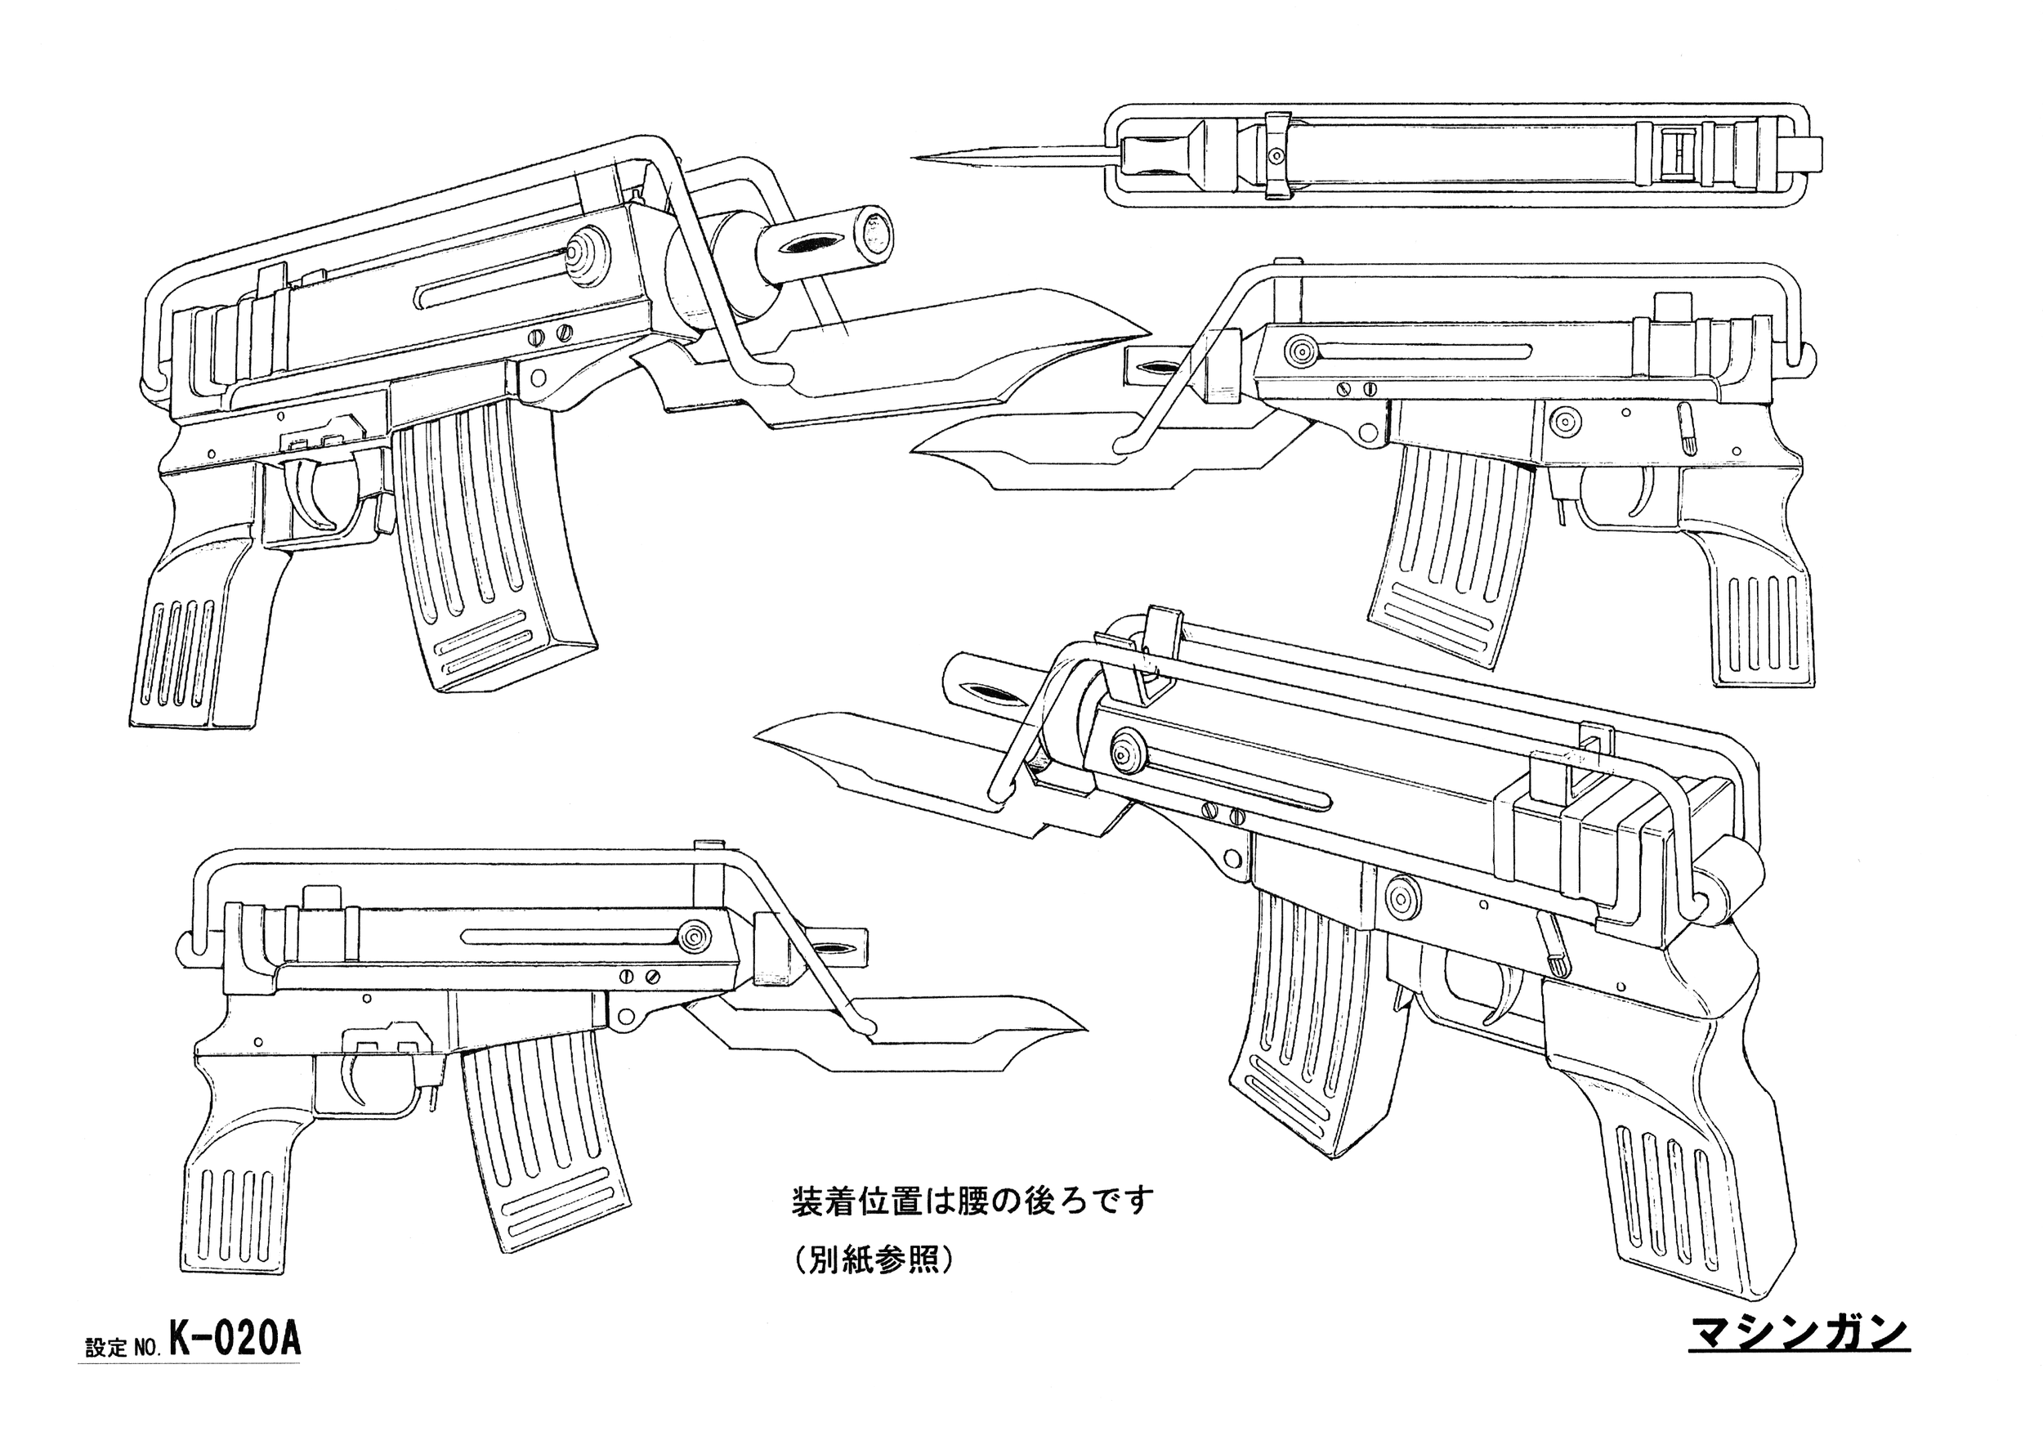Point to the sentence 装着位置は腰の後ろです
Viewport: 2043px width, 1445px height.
[x=972, y=1202]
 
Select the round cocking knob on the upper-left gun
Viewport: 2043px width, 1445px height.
[x=585, y=254]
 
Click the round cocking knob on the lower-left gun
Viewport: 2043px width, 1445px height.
[x=693, y=937]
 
